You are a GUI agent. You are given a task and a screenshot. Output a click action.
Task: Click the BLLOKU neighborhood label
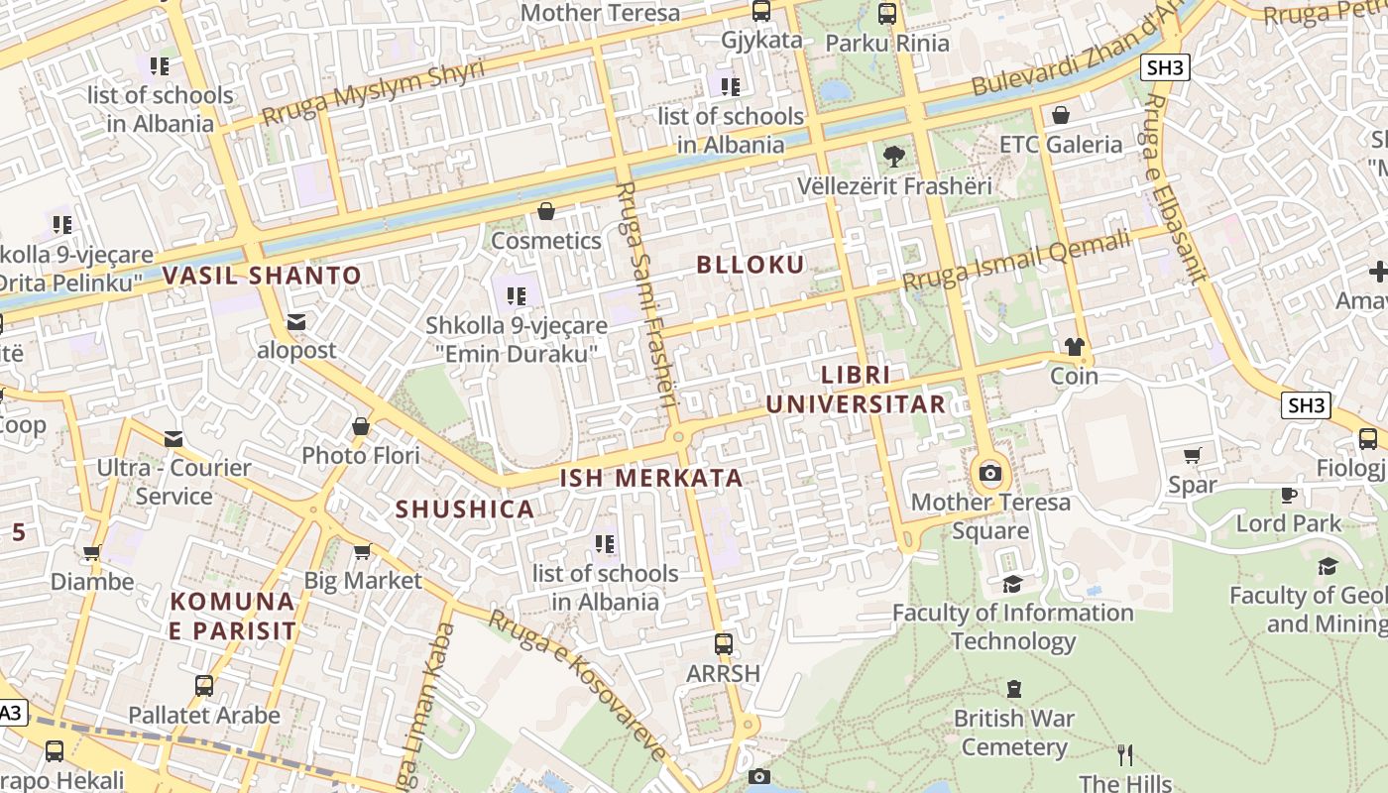751,265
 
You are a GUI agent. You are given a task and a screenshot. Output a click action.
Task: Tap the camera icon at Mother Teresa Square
989,473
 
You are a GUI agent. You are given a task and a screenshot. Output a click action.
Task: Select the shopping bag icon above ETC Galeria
1061,115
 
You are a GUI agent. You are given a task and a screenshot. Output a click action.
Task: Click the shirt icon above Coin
1074,347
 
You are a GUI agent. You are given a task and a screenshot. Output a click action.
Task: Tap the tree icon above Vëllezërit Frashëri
893,156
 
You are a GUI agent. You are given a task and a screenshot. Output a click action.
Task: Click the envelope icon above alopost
296,321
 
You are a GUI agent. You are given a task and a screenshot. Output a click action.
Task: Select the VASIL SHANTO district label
263,276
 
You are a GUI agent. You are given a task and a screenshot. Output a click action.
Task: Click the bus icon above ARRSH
724,644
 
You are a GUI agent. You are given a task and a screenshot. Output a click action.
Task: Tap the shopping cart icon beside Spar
1192,456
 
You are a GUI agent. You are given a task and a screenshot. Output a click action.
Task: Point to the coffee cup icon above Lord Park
1288,494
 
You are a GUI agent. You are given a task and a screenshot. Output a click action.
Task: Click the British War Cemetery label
1013,732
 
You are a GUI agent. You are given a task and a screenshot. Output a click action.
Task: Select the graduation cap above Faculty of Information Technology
1012,584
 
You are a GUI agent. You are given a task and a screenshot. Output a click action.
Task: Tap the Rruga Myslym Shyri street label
373,94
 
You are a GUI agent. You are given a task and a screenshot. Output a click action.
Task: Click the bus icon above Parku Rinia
887,14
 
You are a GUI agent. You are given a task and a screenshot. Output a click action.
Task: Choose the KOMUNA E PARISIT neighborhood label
233,616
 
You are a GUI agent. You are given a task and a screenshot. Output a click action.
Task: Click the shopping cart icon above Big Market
362,551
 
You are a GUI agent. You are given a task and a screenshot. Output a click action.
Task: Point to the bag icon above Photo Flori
361,427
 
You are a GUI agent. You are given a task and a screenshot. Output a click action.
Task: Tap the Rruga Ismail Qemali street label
1015,260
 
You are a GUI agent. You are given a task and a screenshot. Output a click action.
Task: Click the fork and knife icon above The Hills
1125,755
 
